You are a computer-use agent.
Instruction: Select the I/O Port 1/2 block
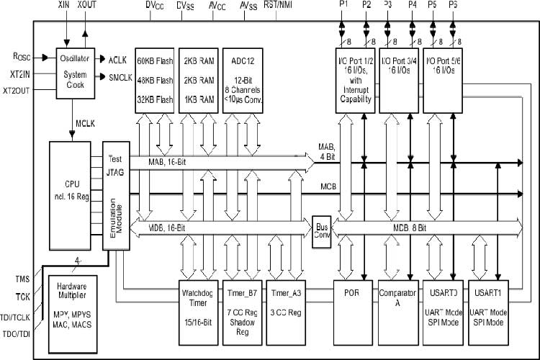click(355, 78)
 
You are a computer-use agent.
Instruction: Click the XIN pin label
click(66, 5)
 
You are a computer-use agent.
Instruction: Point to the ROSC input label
click(22, 55)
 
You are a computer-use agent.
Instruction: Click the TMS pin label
click(22, 279)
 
